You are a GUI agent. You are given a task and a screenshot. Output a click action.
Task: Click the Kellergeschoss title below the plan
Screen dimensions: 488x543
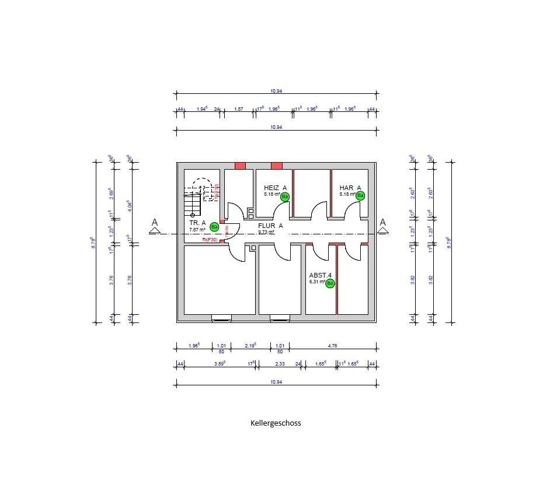pyautogui.click(x=276, y=423)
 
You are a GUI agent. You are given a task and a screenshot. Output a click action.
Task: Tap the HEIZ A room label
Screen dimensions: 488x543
pyautogui.click(x=275, y=187)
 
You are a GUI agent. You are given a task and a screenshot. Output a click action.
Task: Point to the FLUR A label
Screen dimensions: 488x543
pyautogui.click(x=270, y=226)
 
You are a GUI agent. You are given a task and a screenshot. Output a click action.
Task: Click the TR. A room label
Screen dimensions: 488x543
pyautogui.click(x=197, y=223)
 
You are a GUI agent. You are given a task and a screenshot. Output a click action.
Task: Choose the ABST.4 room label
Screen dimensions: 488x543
pyautogui.click(x=321, y=275)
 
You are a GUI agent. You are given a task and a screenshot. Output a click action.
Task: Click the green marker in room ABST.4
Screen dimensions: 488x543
pyautogui.click(x=330, y=283)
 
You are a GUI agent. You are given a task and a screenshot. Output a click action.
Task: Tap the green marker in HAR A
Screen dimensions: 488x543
pyautogui.click(x=360, y=195)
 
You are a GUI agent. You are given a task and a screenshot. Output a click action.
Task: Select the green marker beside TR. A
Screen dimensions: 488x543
pyautogui.click(x=214, y=227)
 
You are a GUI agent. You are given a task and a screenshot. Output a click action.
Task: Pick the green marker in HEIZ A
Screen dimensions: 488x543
pyautogui.click(x=284, y=196)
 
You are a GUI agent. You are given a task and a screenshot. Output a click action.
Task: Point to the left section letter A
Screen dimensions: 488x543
pyautogui.click(x=155, y=222)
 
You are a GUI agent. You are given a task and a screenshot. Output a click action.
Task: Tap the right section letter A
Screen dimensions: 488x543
pyautogui.click(x=383, y=222)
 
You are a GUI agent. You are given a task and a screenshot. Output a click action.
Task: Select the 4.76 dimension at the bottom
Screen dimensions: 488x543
pyautogui.click(x=333, y=346)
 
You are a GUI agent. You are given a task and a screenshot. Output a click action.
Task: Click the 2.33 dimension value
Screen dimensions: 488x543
pyautogui.click(x=280, y=363)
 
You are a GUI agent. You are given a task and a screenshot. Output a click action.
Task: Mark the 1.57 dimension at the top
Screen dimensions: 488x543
pyautogui.click(x=238, y=109)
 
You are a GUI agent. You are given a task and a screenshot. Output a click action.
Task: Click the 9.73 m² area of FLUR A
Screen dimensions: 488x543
pyautogui.click(x=266, y=232)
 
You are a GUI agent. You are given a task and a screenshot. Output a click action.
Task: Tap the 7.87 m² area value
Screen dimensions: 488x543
pyautogui.click(x=197, y=230)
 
